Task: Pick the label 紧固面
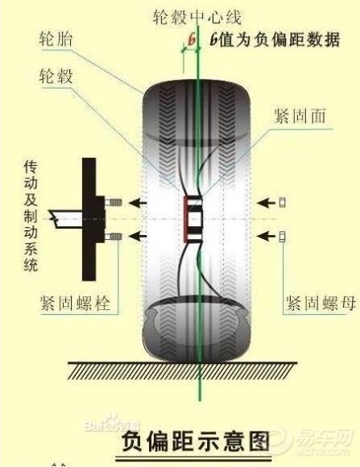coord(299,116)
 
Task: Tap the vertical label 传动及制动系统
coord(32,217)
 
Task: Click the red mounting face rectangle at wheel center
coord(192,217)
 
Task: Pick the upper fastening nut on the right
coord(283,200)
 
